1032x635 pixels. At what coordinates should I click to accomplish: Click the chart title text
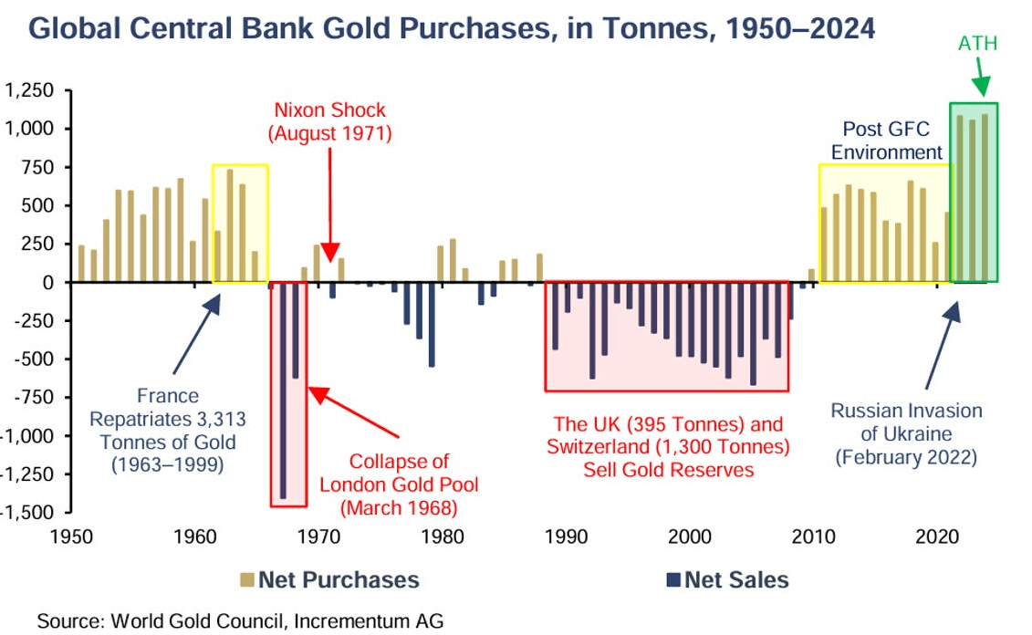point(452,29)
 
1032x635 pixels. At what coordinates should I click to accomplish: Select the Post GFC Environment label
point(886,141)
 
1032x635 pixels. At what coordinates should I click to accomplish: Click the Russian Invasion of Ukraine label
point(906,434)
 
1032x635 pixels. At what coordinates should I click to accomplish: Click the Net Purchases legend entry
point(329,579)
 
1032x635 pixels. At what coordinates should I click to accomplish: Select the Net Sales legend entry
point(727,579)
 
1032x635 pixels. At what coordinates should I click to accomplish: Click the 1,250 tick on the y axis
point(29,90)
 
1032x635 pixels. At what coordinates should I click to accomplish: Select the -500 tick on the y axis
point(31,359)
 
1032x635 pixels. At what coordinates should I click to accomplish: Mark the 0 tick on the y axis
point(47,282)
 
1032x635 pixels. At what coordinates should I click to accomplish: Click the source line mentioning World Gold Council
point(240,621)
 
